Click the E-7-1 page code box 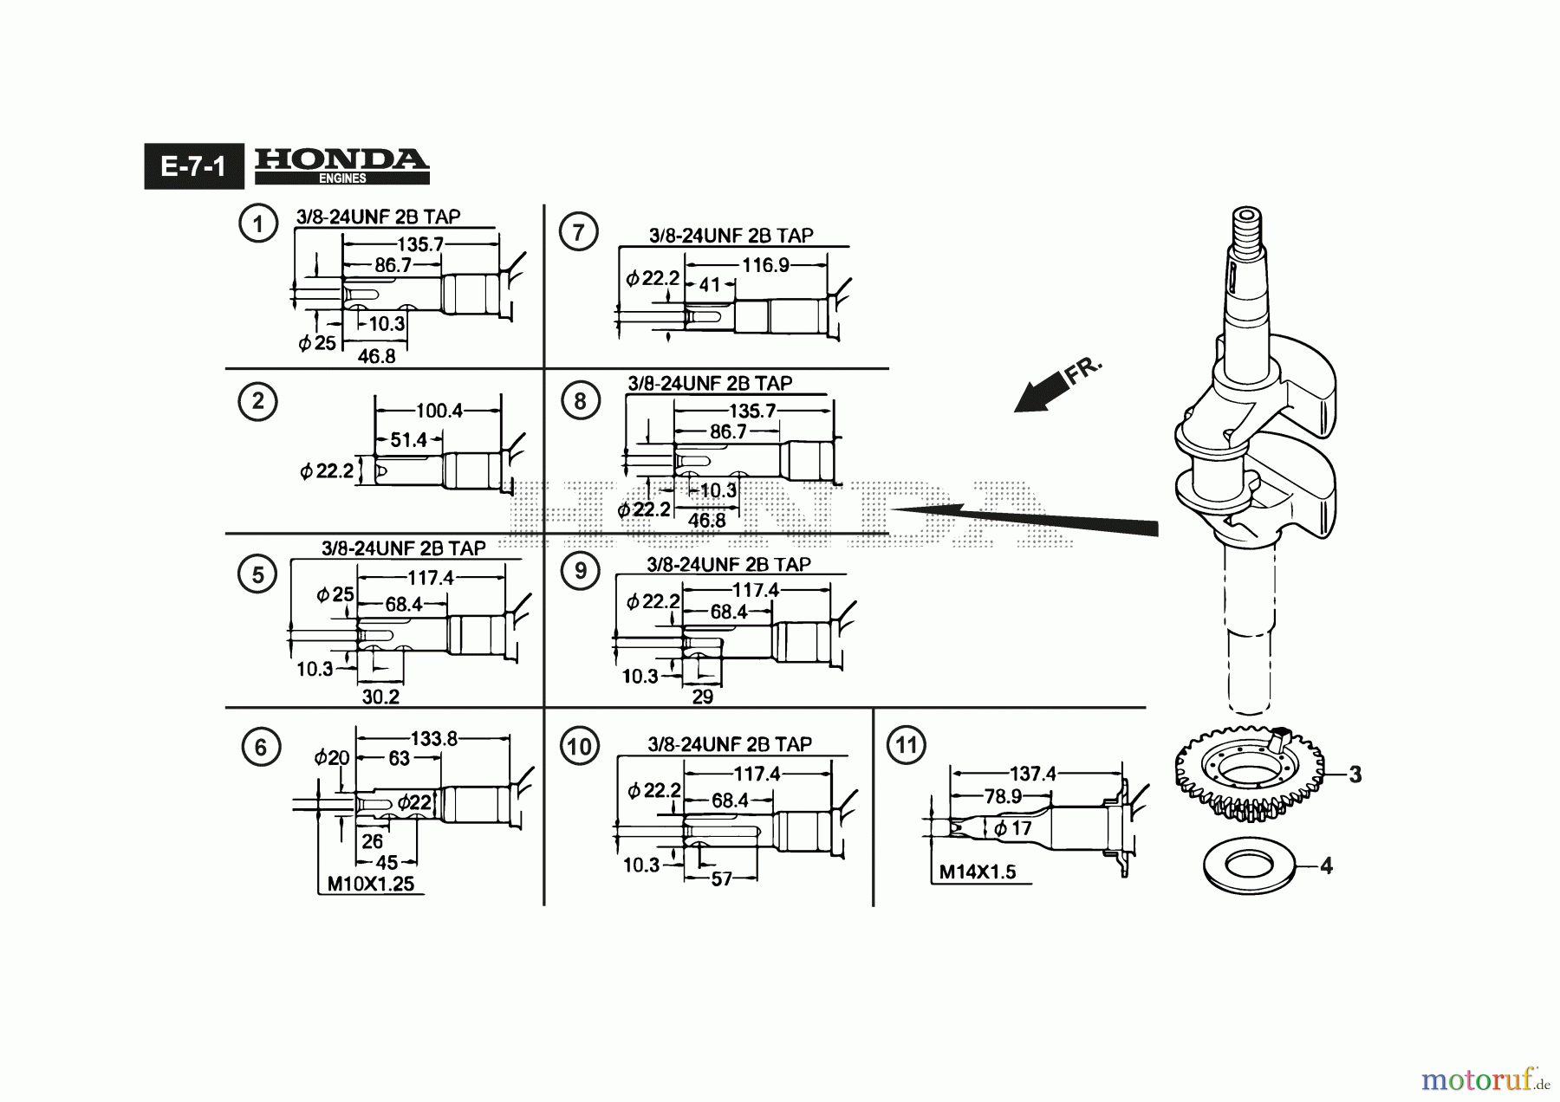click(193, 165)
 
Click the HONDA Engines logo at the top click(341, 165)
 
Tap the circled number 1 click(257, 224)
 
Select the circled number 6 click(261, 747)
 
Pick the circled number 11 click(906, 745)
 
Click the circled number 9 click(580, 570)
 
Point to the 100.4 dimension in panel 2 click(439, 411)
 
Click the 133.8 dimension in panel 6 click(433, 739)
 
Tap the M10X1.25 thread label click(370, 885)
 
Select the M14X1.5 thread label click(978, 872)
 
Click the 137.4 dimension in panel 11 click(1032, 774)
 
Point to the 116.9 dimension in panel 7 click(765, 264)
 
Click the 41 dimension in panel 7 click(710, 284)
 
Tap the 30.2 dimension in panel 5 click(380, 697)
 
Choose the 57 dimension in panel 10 click(721, 879)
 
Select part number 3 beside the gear click(1354, 774)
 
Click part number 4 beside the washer click(1325, 865)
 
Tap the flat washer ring click(1249, 865)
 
